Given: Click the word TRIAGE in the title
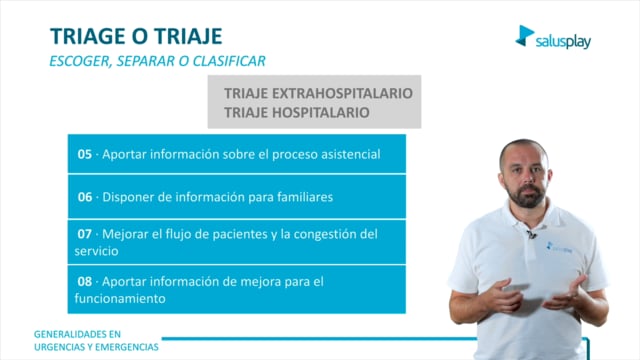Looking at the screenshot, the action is (88, 36).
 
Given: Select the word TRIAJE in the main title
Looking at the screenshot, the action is (188, 36).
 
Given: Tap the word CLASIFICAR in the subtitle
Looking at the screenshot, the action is (229, 61).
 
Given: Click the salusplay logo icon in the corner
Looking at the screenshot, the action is (524, 36).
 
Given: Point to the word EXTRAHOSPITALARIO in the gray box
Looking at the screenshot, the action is (342, 93).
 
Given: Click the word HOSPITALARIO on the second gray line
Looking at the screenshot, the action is (320, 112).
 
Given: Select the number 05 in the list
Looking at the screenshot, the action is (85, 154).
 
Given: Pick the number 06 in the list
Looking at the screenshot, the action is (85, 197).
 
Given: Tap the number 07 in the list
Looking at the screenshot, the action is (85, 234).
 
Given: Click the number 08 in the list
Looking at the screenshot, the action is (85, 281).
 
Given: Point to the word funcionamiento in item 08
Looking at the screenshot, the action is (120, 298).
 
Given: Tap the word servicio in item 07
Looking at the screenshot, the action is (96, 251).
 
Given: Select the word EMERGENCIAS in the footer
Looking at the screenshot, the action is (131, 347).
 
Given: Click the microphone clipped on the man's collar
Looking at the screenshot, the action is (531, 235).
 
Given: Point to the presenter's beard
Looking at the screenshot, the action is (527, 195).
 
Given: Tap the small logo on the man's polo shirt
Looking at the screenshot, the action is (559, 248).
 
